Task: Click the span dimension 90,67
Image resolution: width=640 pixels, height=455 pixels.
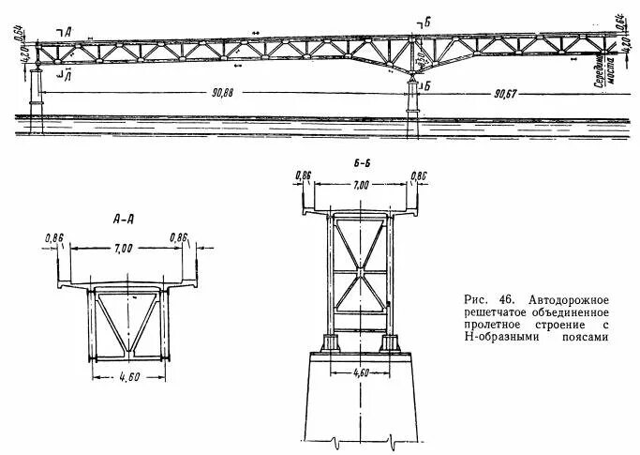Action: (509, 93)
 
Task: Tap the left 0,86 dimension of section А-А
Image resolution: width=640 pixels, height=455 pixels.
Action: (53, 238)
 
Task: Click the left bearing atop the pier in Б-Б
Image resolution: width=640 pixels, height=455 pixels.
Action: (330, 341)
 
